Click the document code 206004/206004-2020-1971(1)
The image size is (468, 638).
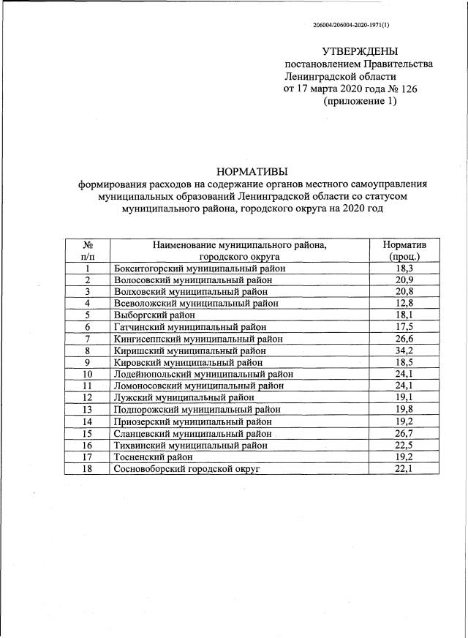point(351,25)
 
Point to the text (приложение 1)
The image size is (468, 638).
point(360,102)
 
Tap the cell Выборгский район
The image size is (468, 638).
point(155,315)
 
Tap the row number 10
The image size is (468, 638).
point(87,374)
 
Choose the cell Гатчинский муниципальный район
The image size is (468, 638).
point(190,327)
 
